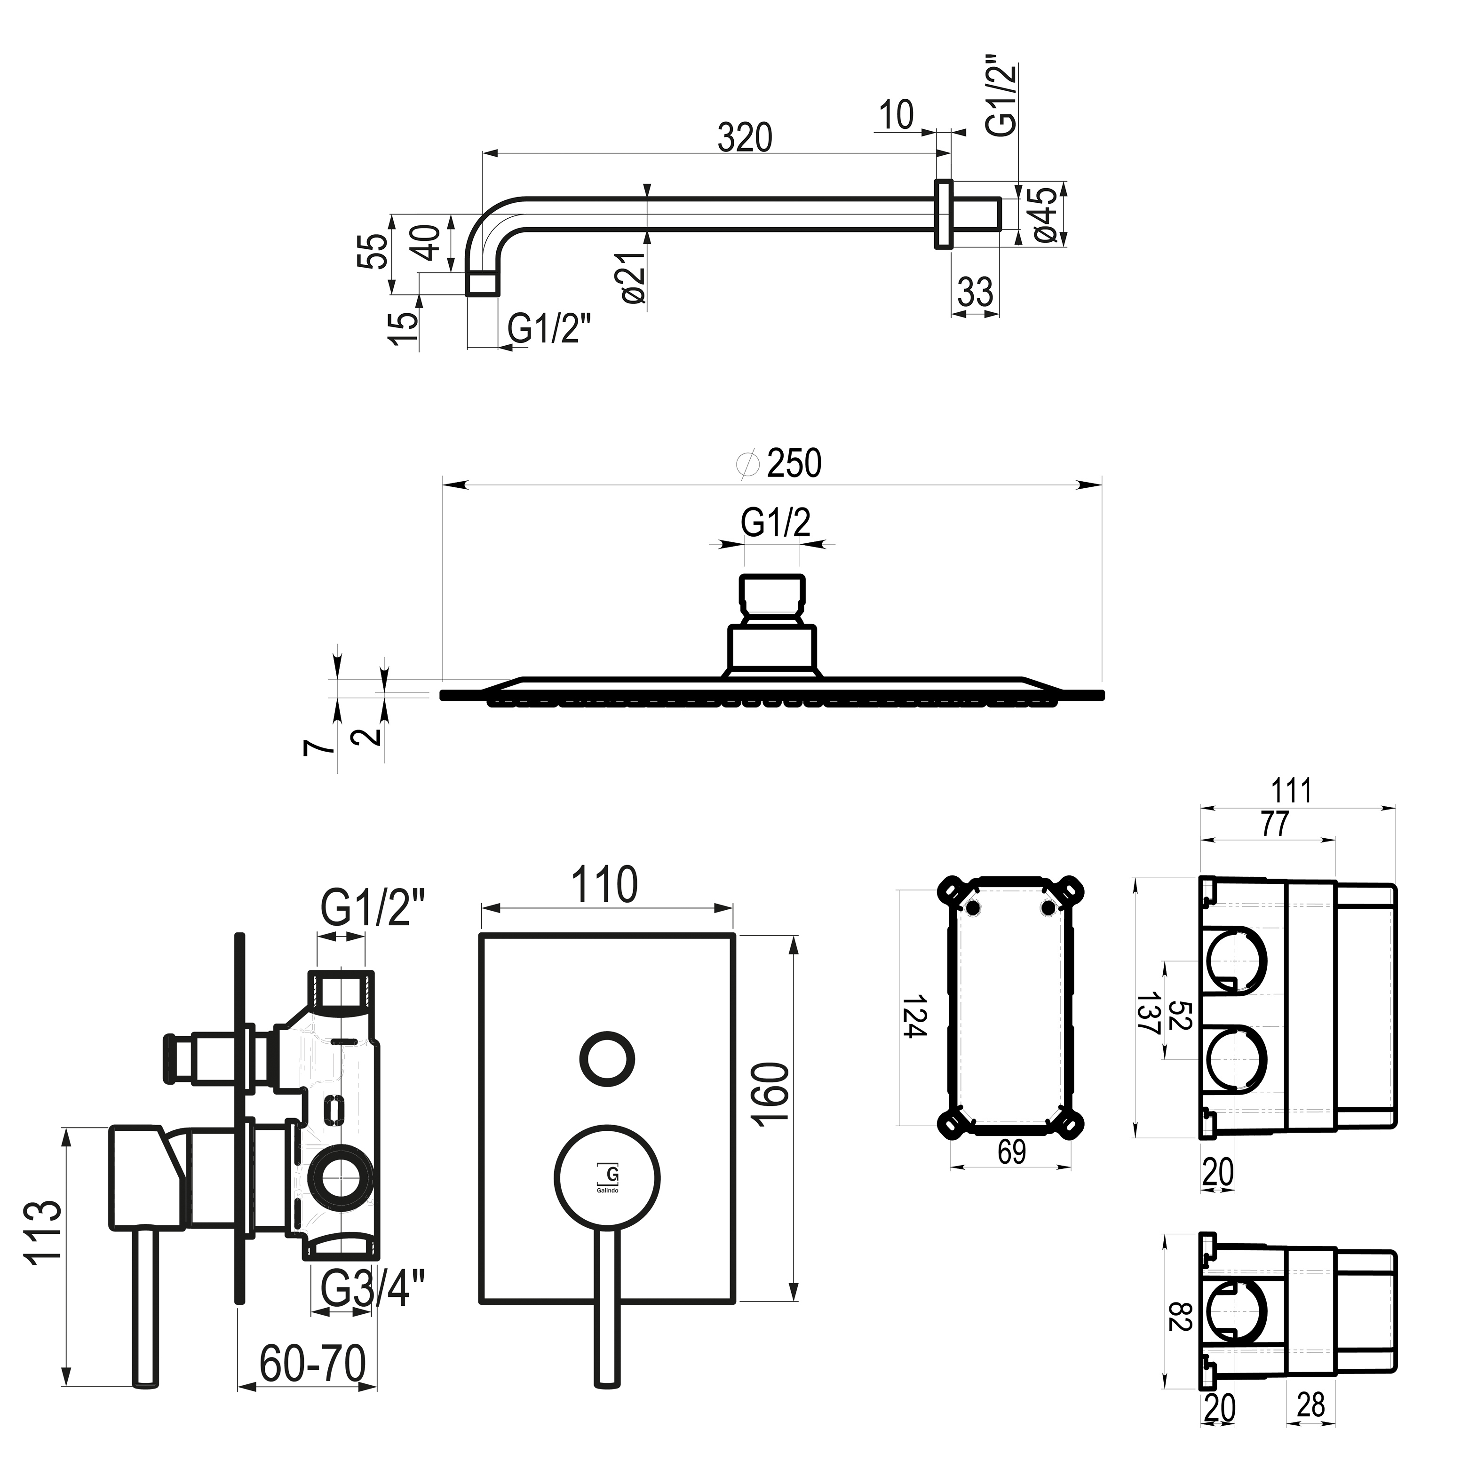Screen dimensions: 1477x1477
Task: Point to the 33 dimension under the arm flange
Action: (976, 292)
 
